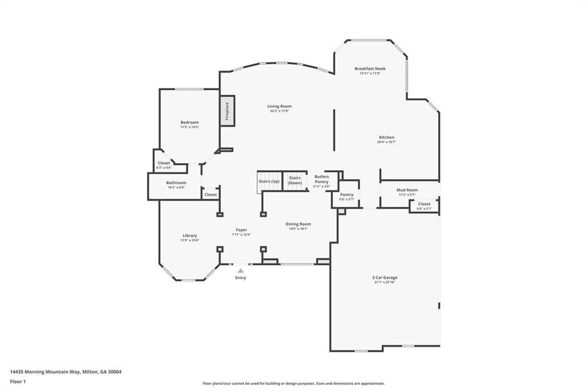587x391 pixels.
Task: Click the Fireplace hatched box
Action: coord(227,111)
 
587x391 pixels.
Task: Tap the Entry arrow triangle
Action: coord(241,271)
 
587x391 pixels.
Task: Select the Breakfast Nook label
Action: coord(370,68)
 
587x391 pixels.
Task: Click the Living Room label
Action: coord(280,106)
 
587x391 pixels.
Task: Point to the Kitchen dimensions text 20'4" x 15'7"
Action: coord(386,142)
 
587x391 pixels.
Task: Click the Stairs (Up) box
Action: coord(269,181)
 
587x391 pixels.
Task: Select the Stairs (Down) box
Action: coord(295,181)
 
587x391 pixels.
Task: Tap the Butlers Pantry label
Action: coord(322,179)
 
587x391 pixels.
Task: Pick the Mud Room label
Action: coord(408,190)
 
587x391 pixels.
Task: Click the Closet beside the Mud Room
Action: coord(424,205)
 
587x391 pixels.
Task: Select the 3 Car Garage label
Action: coord(385,277)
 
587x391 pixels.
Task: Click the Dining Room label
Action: coord(298,224)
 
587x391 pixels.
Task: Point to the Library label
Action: coord(190,235)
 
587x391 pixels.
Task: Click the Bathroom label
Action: coord(177,183)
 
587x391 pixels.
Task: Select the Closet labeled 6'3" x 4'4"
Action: coord(164,165)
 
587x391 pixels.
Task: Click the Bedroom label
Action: coord(189,122)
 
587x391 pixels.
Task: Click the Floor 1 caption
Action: coord(18,381)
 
